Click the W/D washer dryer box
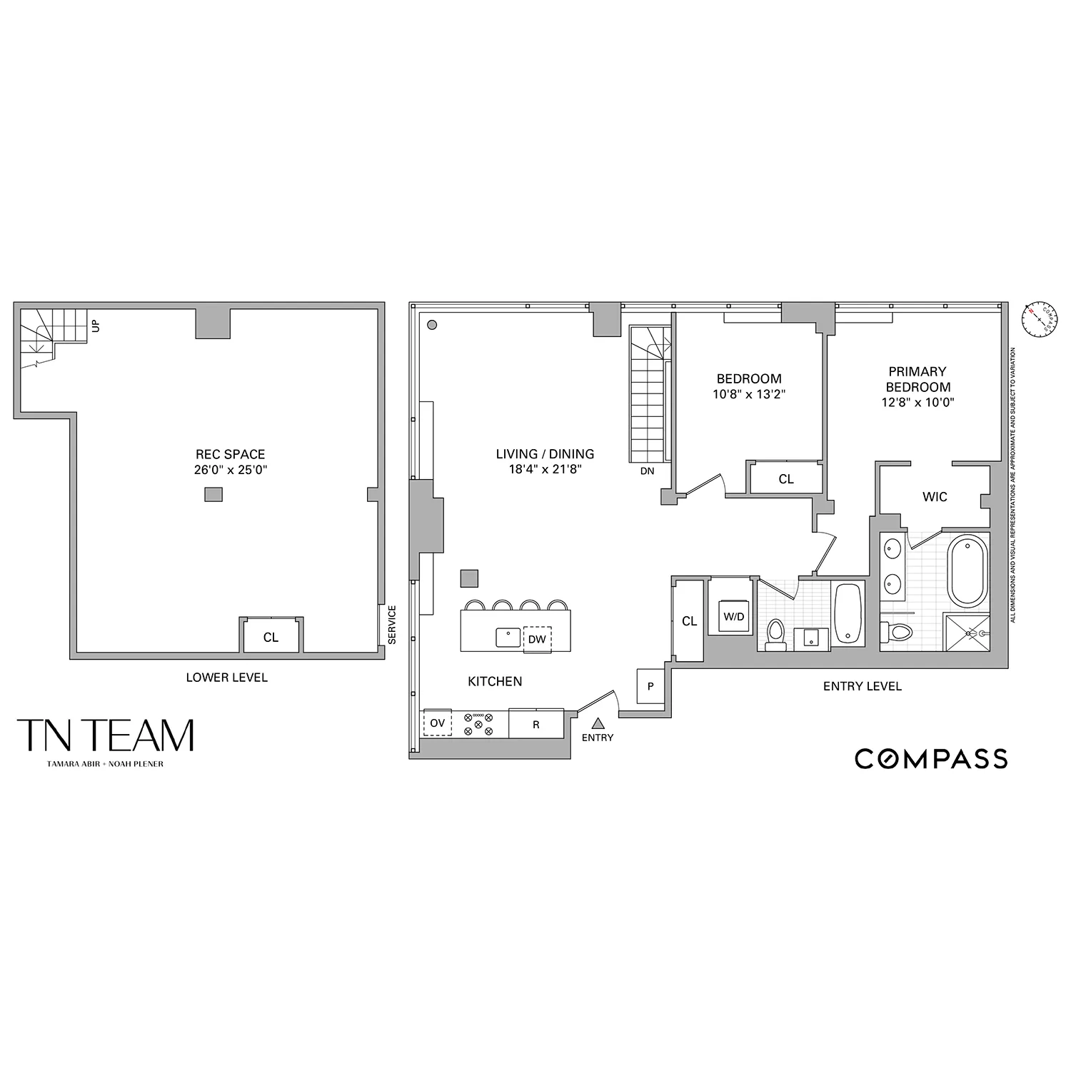(733, 617)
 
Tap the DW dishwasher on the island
(537, 639)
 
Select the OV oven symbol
(437, 723)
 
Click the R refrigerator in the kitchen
(536, 724)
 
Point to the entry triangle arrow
(598, 723)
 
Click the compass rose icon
(1040, 318)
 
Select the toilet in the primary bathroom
(897, 631)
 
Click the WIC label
(935, 496)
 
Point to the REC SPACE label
(230, 454)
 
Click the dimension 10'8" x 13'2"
(749, 394)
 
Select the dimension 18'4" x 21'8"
(545, 470)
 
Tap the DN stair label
(647, 471)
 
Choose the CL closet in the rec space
(271, 637)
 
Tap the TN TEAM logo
(106, 735)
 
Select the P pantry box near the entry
(650, 686)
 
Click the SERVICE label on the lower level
(391, 625)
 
